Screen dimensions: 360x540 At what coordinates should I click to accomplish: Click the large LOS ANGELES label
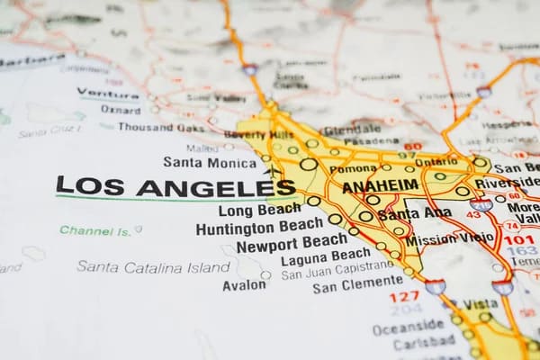[x=175, y=186]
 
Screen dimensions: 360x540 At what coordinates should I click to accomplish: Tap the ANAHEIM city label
[x=381, y=185]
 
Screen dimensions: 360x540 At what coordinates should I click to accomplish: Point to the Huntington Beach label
[x=260, y=227]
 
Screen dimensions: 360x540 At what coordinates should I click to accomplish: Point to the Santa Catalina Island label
[x=153, y=266]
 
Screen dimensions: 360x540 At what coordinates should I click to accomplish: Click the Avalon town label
[x=244, y=284]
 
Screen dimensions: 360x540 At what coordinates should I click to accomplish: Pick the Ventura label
[x=108, y=93]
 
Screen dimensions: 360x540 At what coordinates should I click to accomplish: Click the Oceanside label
[x=408, y=325]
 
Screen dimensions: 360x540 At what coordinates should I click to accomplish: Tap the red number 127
[x=404, y=295]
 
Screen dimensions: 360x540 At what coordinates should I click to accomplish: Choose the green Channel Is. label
[x=96, y=230]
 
